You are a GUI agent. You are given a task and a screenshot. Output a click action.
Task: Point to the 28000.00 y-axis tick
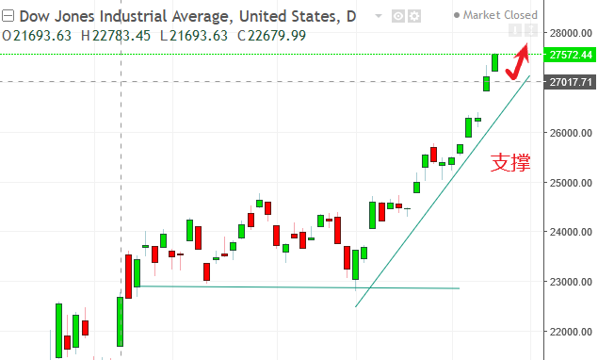[x=571, y=33]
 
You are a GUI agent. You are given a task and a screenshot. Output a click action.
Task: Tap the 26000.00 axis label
[x=571, y=132]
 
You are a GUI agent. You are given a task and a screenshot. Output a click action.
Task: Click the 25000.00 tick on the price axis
[x=571, y=182]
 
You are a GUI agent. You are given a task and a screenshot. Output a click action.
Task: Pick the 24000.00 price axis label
[x=571, y=232]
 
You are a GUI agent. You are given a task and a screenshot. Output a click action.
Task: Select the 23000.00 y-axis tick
[x=571, y=282]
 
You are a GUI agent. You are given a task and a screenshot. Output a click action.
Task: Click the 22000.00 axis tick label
[x=571, y=332]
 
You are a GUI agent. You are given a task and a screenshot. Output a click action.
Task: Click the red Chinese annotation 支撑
[x=510, y=162]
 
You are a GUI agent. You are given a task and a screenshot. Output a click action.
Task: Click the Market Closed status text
[x=499, y=15]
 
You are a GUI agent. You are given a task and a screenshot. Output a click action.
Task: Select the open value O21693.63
[x=38, y=35]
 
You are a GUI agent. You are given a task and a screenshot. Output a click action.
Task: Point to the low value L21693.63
[x=191, y=35]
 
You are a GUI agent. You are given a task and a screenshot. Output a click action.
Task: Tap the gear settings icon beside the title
[x=413, y=15]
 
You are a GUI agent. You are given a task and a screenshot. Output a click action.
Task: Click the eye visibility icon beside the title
[x=397, y=15]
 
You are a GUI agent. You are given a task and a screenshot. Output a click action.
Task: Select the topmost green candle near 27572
[x=494, y=62]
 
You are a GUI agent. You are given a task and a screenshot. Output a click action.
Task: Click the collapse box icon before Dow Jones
[x=8, y=15]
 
